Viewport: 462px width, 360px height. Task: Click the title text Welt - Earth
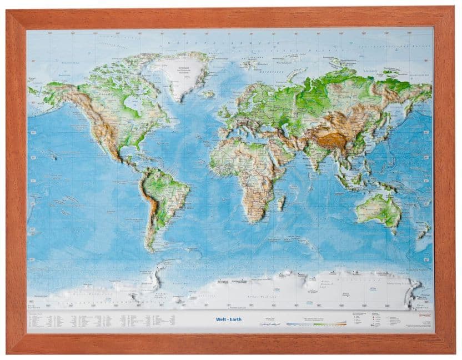tap(228, 319)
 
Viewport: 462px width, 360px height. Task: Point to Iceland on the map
tap(209, 94)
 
